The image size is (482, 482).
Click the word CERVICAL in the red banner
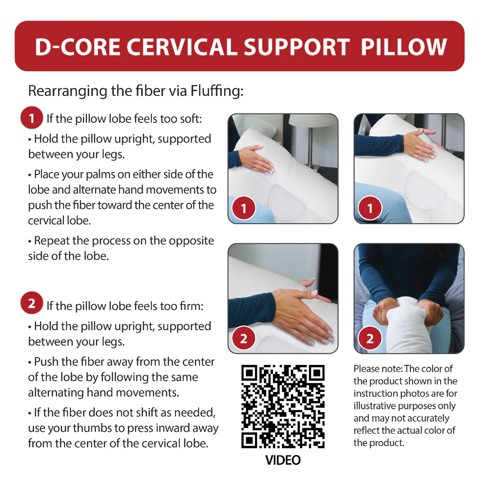[182, 47]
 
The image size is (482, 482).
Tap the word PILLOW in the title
[404, 47]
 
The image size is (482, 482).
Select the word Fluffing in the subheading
[217, 91]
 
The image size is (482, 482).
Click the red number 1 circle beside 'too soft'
[31, 118]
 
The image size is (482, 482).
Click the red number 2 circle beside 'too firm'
[31, 303]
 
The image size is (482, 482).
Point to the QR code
[283, 406]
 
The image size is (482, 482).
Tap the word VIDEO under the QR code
[283, 460]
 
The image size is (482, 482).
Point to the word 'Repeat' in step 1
[52, 241]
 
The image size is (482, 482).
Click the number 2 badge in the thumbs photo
[370, 338]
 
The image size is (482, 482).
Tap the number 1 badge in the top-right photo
[370, 208]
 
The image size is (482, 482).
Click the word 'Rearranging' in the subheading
[68, 92]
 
